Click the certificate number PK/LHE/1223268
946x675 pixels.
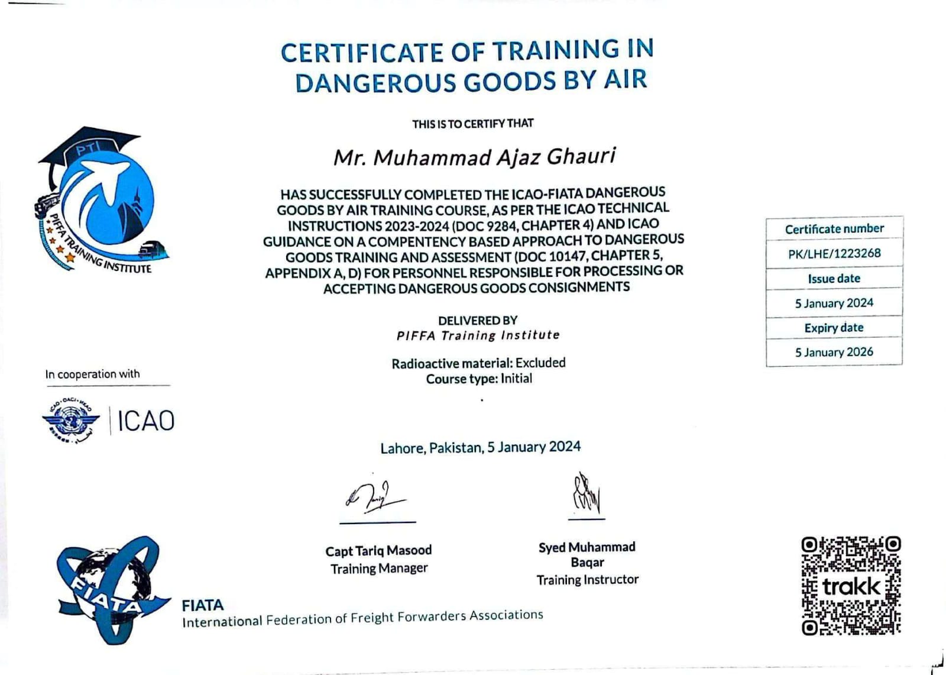(x=834, y=254)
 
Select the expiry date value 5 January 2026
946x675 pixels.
(x=834, y=352)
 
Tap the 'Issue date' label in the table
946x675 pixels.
(x=834, y=279)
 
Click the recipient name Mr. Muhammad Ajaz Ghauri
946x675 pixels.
(x=474, y=157)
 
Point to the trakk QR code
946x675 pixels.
(x=851, y=586)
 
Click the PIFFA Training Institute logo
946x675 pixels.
(x=101, y=201)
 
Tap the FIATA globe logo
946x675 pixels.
(x=109, y=589)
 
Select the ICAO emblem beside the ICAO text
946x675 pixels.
(x=70, y=421)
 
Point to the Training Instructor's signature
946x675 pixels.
(x=586, y=494)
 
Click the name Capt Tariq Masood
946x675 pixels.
(x=378, y=551)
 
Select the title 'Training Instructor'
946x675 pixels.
(x=587, y=580)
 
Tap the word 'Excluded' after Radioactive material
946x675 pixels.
(x=540, y=363)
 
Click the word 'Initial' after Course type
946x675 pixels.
(x=516, y=379)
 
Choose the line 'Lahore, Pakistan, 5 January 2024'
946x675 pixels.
(x=480, y=447)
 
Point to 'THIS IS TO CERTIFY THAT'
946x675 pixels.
(x=472, y=124)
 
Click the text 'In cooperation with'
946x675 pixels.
(x=92, y=374)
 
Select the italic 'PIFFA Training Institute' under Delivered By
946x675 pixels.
(x=478, y=335)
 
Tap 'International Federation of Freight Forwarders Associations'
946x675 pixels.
(x=362, y=618)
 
